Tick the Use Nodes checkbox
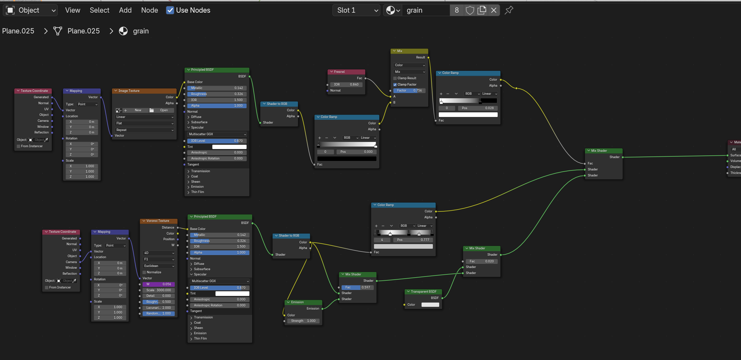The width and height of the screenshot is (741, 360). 170,10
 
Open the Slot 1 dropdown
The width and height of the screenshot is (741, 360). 356,10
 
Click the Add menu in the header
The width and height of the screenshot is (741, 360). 125,10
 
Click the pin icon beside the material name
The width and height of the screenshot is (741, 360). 509,10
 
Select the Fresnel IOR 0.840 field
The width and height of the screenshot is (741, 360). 346,85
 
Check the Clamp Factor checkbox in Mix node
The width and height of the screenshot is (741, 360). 395,85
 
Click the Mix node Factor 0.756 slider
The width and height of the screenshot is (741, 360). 409,91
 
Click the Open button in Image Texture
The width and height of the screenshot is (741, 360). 161,110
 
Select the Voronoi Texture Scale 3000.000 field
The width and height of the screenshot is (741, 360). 158,290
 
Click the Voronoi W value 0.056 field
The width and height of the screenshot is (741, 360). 158,284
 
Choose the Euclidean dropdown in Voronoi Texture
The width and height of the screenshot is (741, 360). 158,266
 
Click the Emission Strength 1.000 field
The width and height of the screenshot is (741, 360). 303,321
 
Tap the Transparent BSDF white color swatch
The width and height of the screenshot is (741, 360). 430,305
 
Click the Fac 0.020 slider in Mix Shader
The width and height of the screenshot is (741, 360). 481,261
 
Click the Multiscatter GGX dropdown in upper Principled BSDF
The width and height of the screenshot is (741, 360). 217,134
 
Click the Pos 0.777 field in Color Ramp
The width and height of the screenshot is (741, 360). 412,240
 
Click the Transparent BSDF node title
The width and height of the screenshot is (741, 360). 423,292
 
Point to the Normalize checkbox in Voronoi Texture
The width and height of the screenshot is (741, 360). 144,272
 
